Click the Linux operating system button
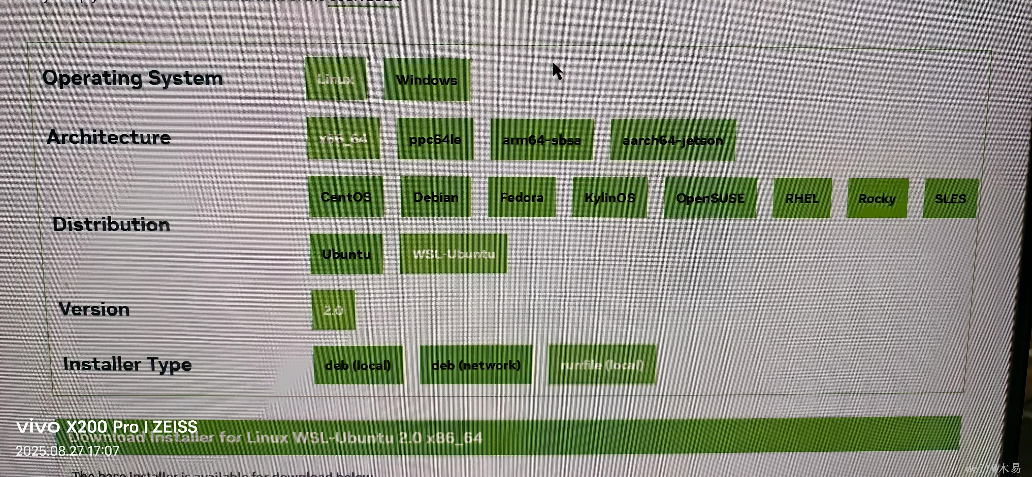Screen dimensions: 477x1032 [336, 79]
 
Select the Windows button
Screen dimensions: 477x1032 [427, 80]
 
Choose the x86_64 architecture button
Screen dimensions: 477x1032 [343, 138]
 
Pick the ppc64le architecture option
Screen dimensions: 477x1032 [435, 139]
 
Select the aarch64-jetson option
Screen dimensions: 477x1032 [673, 140]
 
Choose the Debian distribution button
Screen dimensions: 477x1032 [436, 197]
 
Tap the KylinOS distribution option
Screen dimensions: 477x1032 [610, 198]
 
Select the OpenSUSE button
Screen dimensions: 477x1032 [710, 198]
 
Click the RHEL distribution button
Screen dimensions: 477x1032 [802, 198]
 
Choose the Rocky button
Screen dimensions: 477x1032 [877, 198]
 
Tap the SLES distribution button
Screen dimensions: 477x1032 [950, 199]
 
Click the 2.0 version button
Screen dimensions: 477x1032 [333, 310]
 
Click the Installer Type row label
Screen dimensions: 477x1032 [127, 364]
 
